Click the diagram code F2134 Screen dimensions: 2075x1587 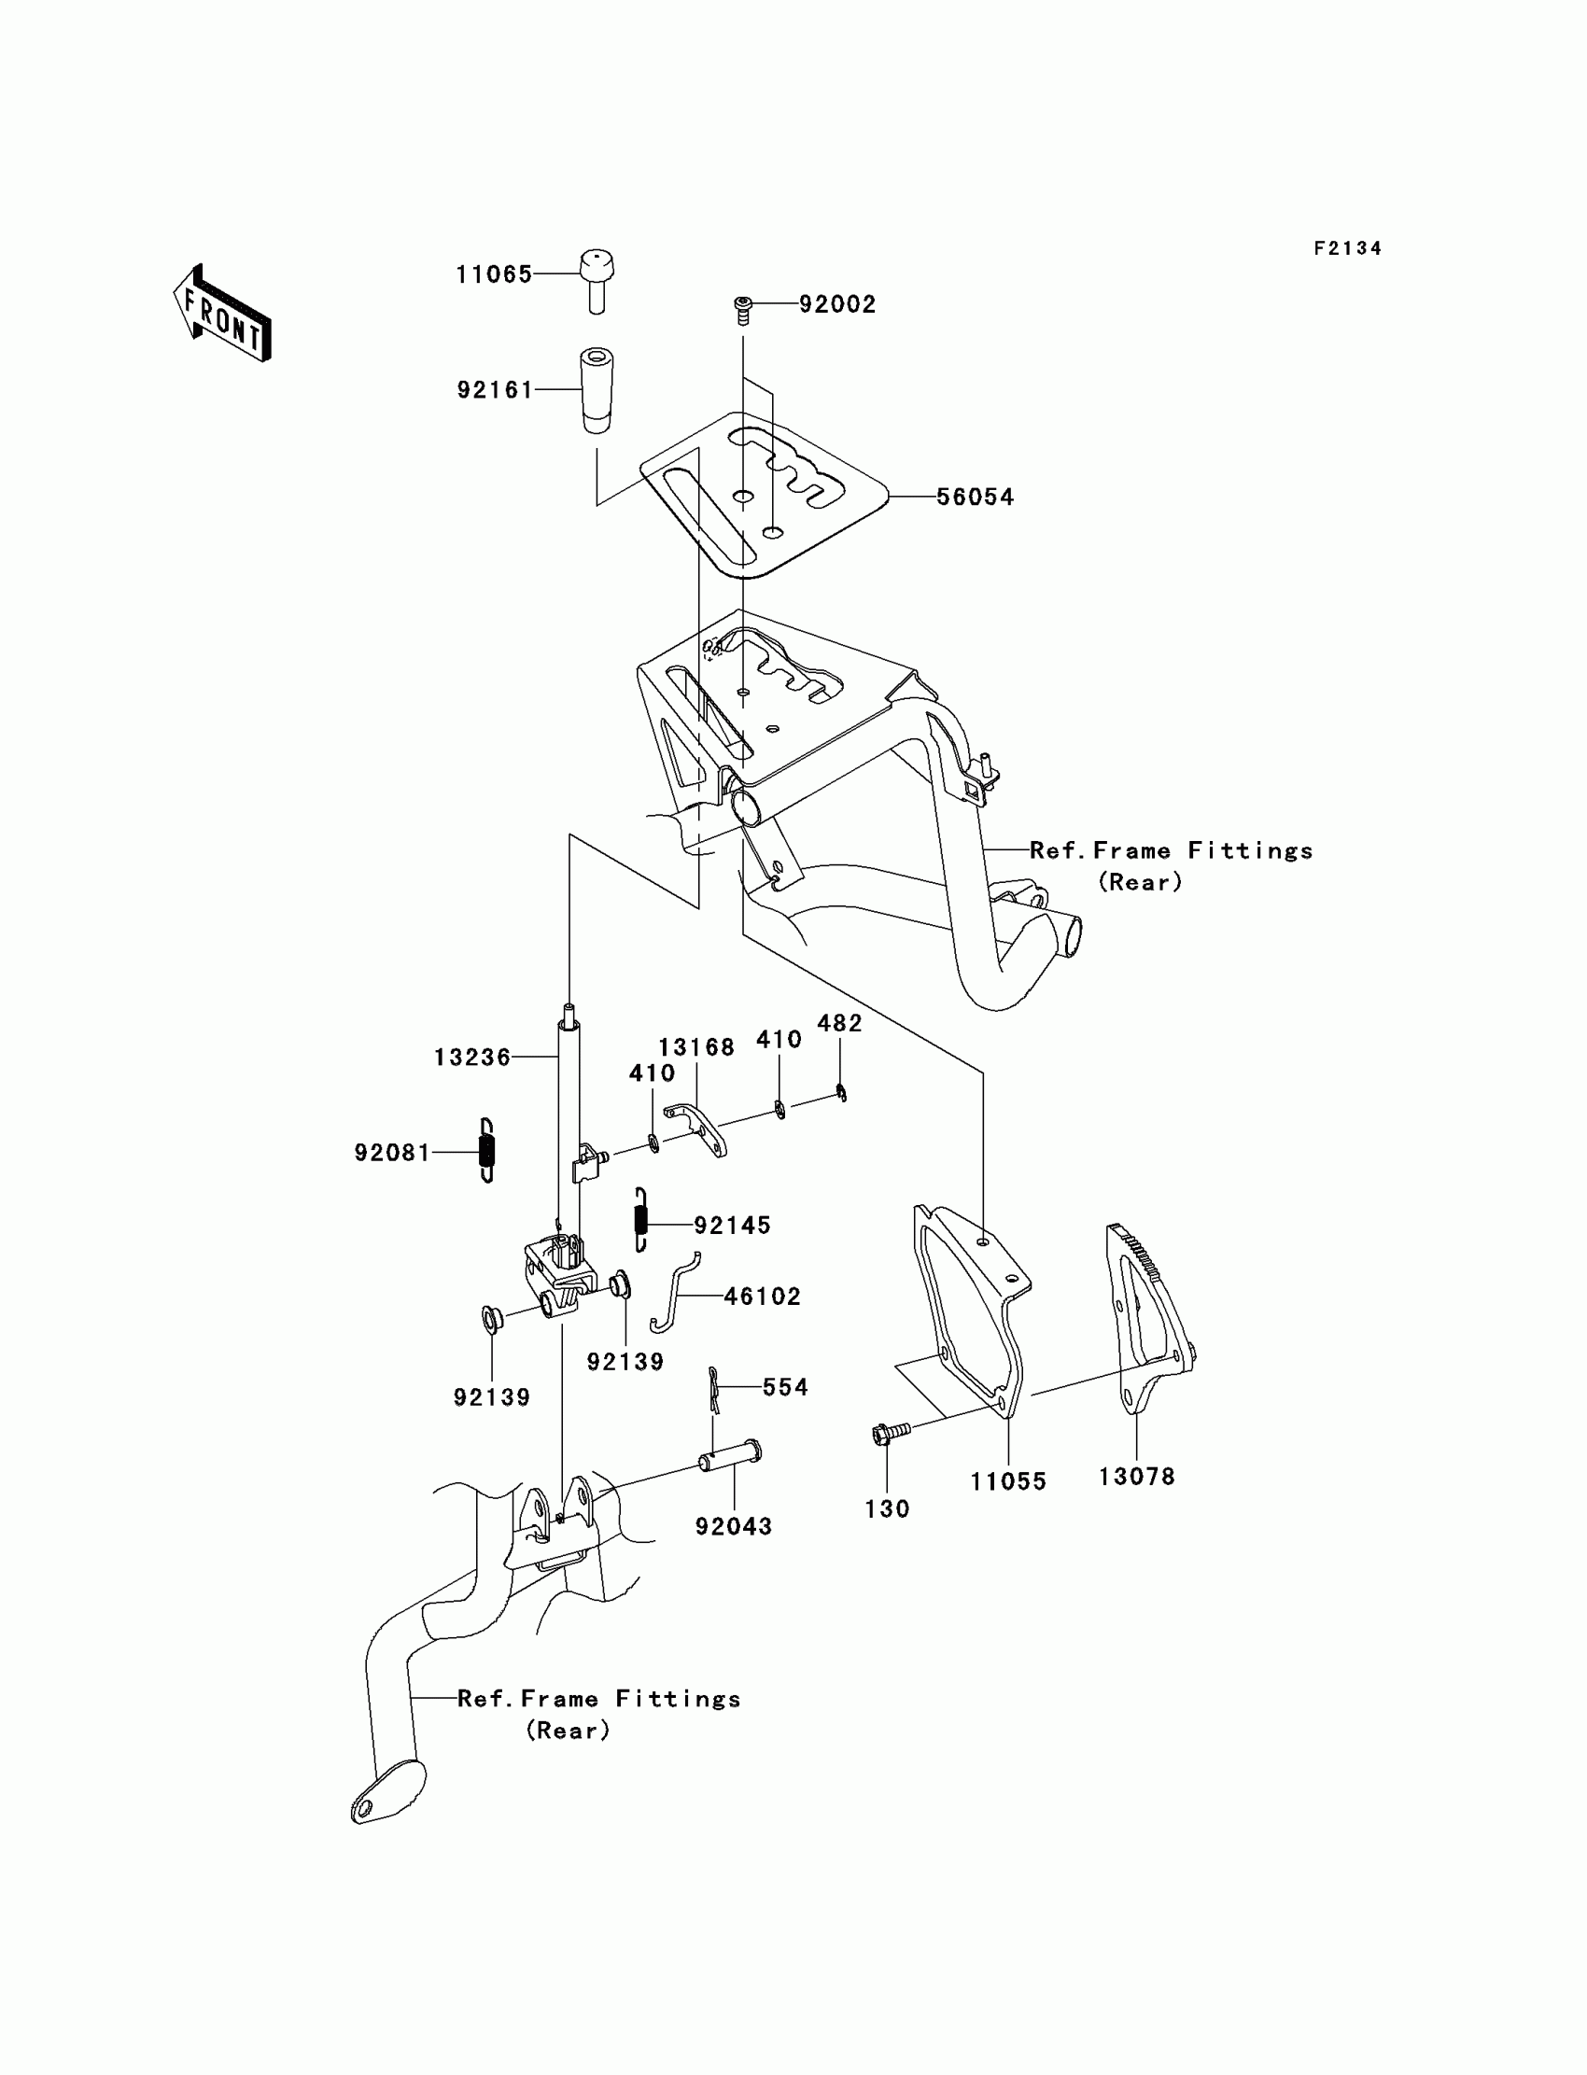pyautogui.click(x=1347, y=248)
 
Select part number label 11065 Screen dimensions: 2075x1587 pyautogui.click(x=494, y=274)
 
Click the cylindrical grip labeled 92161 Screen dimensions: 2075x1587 pyautogui.click(x=596, y=389)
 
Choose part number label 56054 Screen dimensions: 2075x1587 pyautogui.click(x=975, y=497)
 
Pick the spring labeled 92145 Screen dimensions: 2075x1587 pyautogui.click(x=641, y=1219)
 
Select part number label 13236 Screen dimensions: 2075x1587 pyautogui.click(x=472, y=1058)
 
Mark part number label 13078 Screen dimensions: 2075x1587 pyautogui.click(x=1136, y=1476)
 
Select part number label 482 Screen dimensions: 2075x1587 pyautogui.click(x=840, y=1024)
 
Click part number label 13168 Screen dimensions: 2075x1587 pyautogui.click(x=696, y=1047)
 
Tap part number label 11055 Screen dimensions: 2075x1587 pyautogui.click(x=1008, y=1481)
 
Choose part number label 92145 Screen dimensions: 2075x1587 pyautogui.click(x=732, y=1226)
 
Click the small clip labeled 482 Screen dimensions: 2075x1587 pyautogui.click(x=841, y=1094)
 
